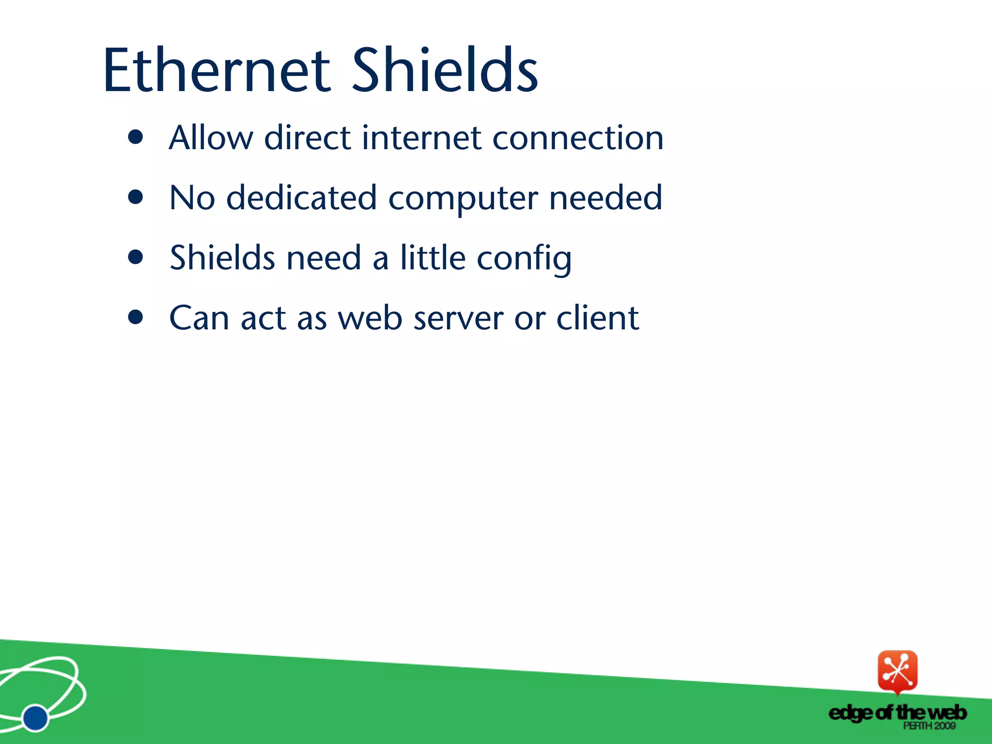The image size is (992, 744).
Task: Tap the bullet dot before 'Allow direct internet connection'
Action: pyautogui.click(x=136, y=137)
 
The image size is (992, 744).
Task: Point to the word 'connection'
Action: pyautogui.click(x=578, y=139)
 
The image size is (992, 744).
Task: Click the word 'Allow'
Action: pyautogui.click(x=211, y=138)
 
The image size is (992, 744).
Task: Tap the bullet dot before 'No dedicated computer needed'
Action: pyautogui.click(x=136, y=197)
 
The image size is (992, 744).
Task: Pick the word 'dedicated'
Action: pyautogui.click(x=301, y=198)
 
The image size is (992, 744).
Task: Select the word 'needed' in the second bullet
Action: pyautogui.click(x=605, y=198)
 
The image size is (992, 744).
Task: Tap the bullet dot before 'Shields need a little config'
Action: pyautogui.click(x=136, y=257)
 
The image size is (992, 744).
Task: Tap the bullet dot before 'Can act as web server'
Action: pyautogui.click(x=136, y=317)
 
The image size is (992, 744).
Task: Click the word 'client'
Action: pyautogui.click(x=598, y=318)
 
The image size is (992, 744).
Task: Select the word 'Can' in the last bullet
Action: pyautogui.click(x=199, y=318)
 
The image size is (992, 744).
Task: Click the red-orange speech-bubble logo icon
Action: pyautogui.click(x=898, y=671)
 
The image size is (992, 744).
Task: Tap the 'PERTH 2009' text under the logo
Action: pyautogui.click(x=929, y=726)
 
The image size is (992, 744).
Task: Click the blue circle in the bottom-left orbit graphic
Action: pyautogui.click(x=35, y=717)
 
